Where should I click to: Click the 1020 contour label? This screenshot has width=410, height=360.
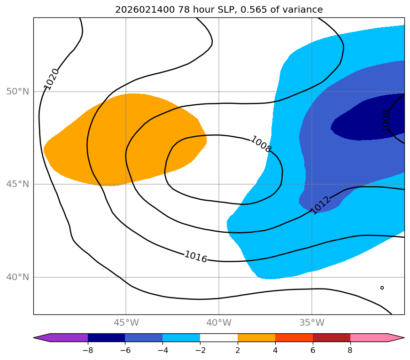pyautogui.click(x=51, y=78)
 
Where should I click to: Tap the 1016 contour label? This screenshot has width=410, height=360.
pyautogui.click(x=195, y=257)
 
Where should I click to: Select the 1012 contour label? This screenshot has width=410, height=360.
pyautogui.click(x=321, y=205)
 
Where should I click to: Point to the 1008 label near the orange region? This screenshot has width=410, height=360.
pyautogui.click(x=261, y=144)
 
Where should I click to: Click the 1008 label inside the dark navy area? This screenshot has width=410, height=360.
pyautogui.click(x=386, y=120)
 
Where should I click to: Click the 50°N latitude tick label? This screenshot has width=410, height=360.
pyautogui.click(x=17, y=91)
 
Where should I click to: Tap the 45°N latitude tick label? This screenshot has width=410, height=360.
pyautogui.click(x=17, y=184)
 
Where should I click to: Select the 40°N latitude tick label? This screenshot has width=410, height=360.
pyautogui.click(x=17, y=277)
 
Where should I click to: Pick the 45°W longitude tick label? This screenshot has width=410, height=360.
pyautogui.click(x=126, y=323)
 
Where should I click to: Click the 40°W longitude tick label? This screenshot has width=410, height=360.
pyautogui.click(x=218, y=323)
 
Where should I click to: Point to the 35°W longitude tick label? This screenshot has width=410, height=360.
pyautogui.click(x=312, y=323)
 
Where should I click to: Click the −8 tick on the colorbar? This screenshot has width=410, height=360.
pyautogui.click(x=87, y=350)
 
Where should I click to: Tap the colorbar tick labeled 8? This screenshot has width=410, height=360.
pyautogui.click(x=350, y=350)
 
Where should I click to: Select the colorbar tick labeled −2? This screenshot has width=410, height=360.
pyautogui.click(x=200, y=350)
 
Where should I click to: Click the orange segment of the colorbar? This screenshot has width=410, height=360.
pyautogui.click(x=256, y=337)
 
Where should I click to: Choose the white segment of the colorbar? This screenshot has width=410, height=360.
pyautogui.click(x=219, y=337)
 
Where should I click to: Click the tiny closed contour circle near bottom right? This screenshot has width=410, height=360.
pyautogui.click(x=382, y=287)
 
